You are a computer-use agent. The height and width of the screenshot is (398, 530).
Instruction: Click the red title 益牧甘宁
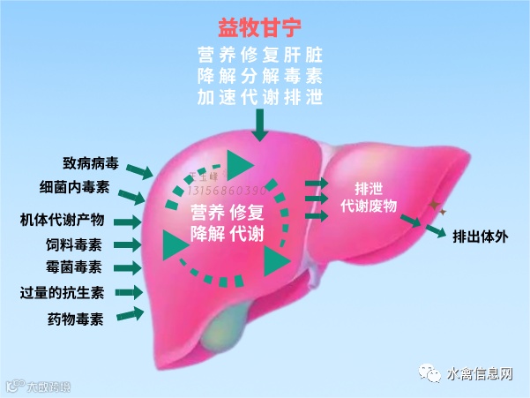(262, 26)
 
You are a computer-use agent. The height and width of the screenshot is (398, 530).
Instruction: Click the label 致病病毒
(91, 163)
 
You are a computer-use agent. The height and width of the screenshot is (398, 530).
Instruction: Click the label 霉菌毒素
(74, 267)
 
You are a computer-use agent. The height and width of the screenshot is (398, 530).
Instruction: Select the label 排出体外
(481, 237)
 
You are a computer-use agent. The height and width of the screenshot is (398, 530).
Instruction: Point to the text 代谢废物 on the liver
(370, 205)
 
